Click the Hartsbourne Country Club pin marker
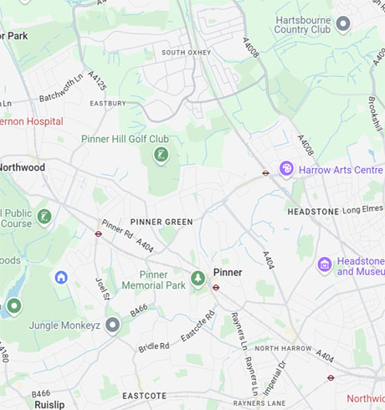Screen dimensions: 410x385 click(x=343, y=23)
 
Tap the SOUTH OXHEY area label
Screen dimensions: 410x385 click(x=187, y=53)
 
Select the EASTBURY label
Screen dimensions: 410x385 click(x=108, y=104)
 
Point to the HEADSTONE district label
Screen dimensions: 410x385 click(x=313, y=212)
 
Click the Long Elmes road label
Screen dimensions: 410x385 click(x=362, y=209)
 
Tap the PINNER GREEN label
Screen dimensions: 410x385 click(x=161, y=222)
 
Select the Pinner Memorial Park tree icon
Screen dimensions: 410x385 click(x=198, y=277)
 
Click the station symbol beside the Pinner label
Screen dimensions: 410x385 click(x=216, y=287)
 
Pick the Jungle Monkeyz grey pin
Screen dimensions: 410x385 click(x=113, y=325)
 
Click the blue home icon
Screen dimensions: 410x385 click(x=61, y=277)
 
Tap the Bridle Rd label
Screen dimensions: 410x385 click(x=154, y=345)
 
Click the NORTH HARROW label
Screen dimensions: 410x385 click(x=282, y=348)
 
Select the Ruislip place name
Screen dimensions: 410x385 click(x=49, y=404)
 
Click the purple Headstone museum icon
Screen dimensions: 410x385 click(x=325, y=265)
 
